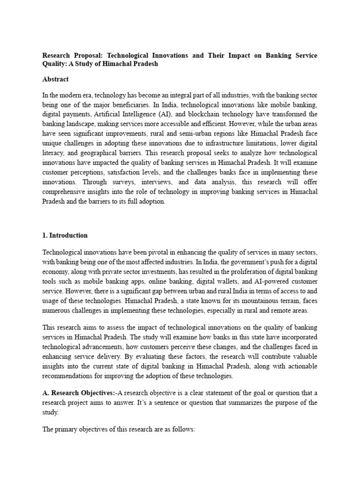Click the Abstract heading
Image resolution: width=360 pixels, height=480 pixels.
point(55,80)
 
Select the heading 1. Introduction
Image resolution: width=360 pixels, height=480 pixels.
point(65,235)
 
